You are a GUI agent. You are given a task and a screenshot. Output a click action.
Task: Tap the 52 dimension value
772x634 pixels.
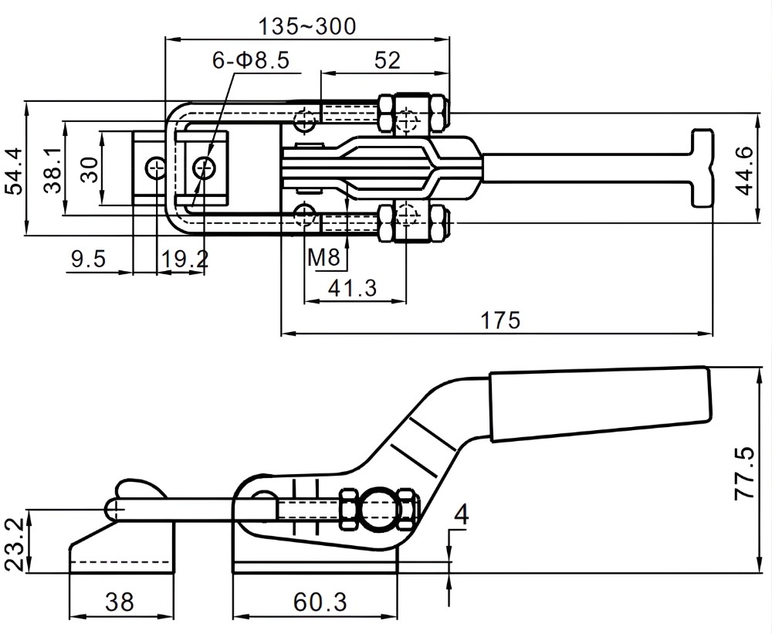click(387, 59)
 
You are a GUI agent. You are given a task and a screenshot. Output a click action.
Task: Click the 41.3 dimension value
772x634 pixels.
click(352, 288)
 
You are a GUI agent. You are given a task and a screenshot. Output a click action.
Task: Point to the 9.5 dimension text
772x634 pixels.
click(87, 259)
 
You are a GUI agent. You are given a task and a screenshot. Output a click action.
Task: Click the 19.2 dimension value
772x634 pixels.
click(183, 259)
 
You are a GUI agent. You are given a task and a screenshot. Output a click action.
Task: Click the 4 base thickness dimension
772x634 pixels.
click(461, 514)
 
